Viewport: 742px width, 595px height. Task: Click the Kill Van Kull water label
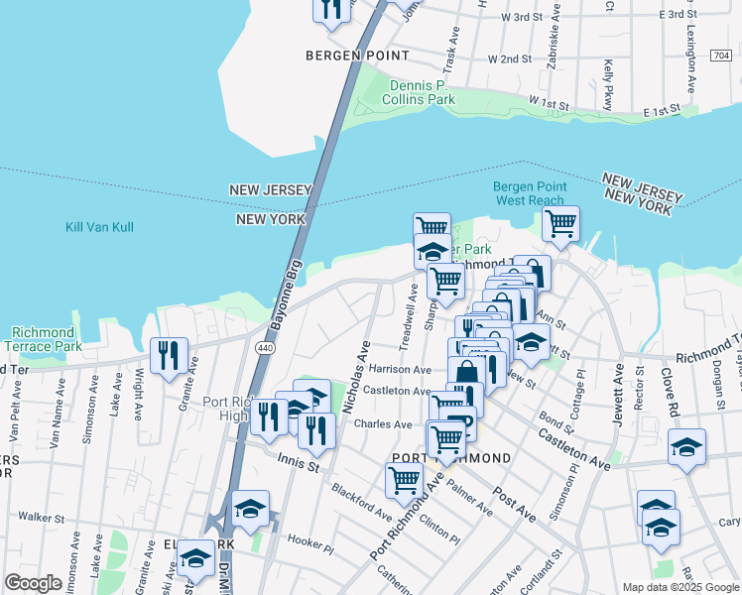pyautogui.click(x=99, y=227)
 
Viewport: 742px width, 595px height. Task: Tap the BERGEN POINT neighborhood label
pyautogui.click(x=344, y=56)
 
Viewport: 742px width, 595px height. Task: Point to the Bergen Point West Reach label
pyautogui.click(x=530, y=193)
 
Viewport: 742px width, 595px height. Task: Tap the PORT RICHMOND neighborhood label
pyautogui.click(x=451, y=457)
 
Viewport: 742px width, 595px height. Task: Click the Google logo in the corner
pyautogui.click(x=33, y=583)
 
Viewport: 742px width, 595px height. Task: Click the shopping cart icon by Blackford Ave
pyautogui.click(x=404, y=480)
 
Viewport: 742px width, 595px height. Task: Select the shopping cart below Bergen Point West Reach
pyautogui.click(x=560, y=224)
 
